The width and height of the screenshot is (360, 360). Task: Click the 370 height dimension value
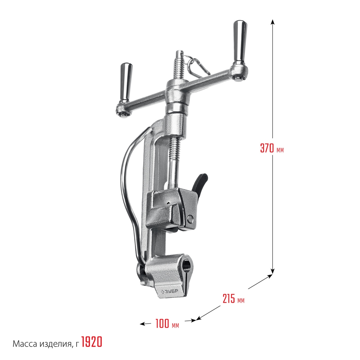pos(267,148)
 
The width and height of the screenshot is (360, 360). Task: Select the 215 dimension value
pos(229,298)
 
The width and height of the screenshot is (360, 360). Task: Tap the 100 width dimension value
pos(162,324)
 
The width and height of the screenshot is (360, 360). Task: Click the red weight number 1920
pos(92,342)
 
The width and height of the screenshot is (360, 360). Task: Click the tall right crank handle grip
pos(239,42)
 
